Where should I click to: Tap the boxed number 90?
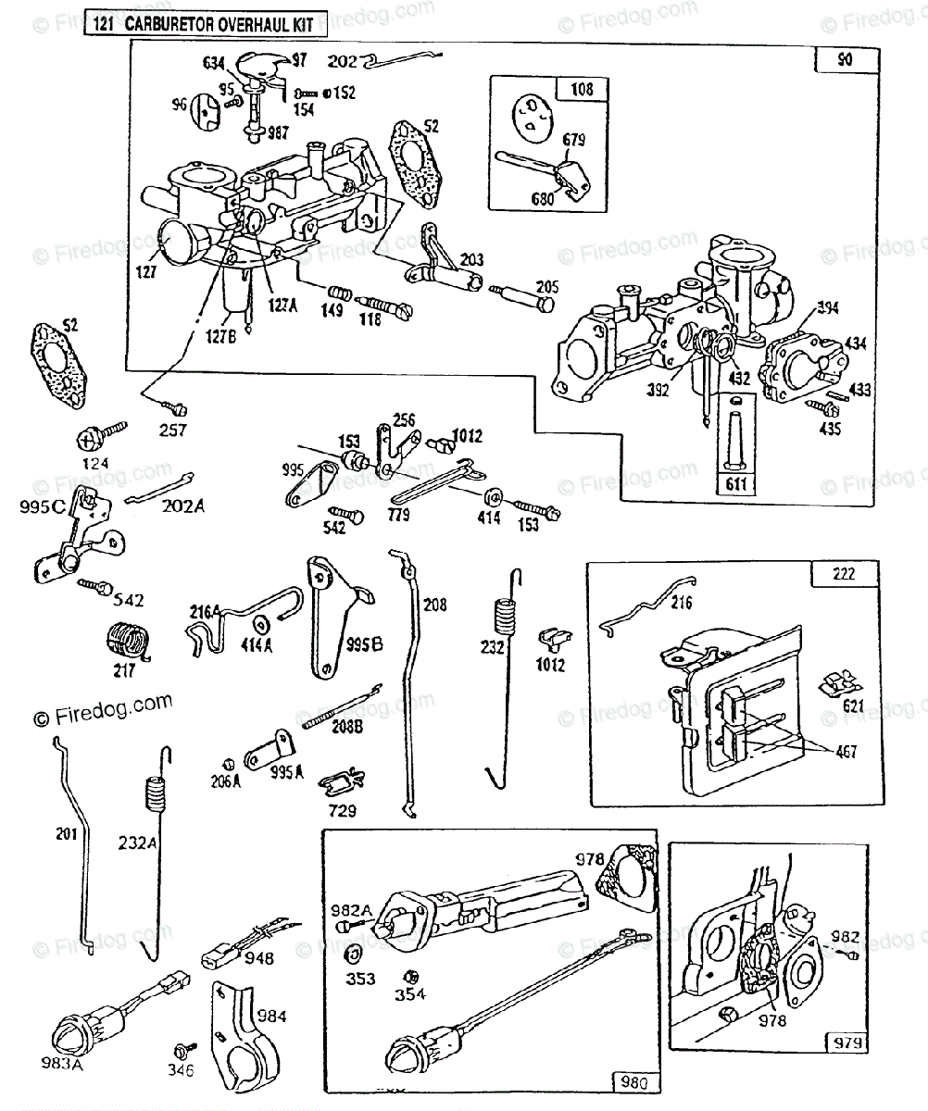[x=844, y=61]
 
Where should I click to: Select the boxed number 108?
[x=583, y=90]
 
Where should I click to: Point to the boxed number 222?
[x=842, y=574]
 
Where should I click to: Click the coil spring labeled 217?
[x=125, y=640]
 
